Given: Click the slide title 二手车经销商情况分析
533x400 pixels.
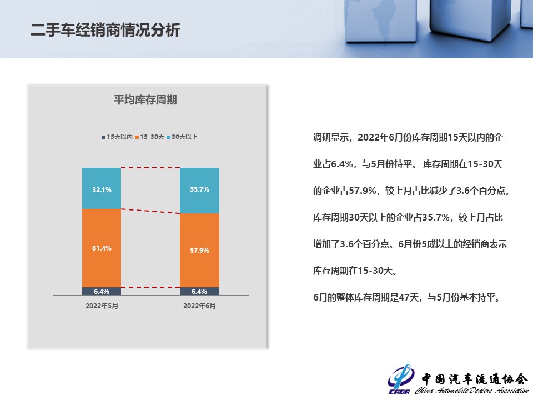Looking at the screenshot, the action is click(x=105, y=30).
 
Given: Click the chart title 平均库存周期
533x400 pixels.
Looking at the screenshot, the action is click(x=145, y=99).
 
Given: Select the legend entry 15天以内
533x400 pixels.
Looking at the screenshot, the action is click(x=117, y=137).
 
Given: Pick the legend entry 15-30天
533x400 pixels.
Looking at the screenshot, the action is click(x=149, y=137).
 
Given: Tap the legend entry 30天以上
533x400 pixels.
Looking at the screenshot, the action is click(x=182, y=137).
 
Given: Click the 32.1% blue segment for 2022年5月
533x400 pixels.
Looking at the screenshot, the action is click(x=102, y=188).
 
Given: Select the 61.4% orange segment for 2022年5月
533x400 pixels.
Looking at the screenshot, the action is click(x=102, y=248).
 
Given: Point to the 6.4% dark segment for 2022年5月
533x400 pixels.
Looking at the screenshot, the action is click(x=102, y=292).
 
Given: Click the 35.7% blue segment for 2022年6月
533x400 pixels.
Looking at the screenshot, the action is click(x=199, y=191).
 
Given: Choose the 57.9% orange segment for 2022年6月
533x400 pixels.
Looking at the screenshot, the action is click(x=199, y=251).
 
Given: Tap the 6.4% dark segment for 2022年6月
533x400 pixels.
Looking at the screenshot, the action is click(x=199, y=292).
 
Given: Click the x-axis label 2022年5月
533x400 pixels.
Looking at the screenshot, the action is click(x=102, y=306).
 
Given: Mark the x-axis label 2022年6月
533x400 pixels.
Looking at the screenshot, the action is click(x=199, y=306).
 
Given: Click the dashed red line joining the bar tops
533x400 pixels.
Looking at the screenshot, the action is click(x=150, y=168).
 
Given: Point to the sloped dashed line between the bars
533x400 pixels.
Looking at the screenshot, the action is click(x=150, y=211).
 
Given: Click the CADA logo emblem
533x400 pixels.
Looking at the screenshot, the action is click(x=400, y=378).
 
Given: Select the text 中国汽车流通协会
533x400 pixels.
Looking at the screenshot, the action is click(x=475, y=378).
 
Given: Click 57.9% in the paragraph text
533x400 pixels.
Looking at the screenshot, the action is click(x=363, y=191).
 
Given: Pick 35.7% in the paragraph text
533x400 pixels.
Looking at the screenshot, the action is click(x=436, y=217).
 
